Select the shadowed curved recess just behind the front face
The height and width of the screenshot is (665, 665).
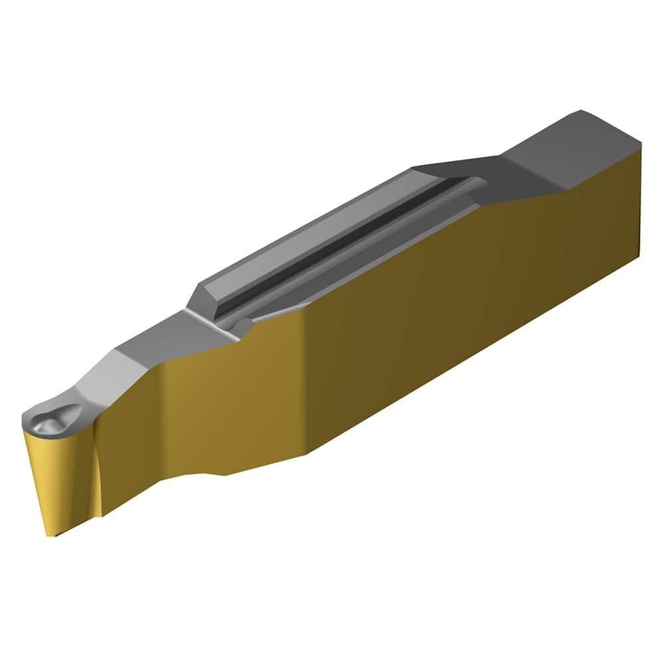93,465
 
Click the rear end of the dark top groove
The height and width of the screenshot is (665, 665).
475,181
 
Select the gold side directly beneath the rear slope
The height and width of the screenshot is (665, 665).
532,226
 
